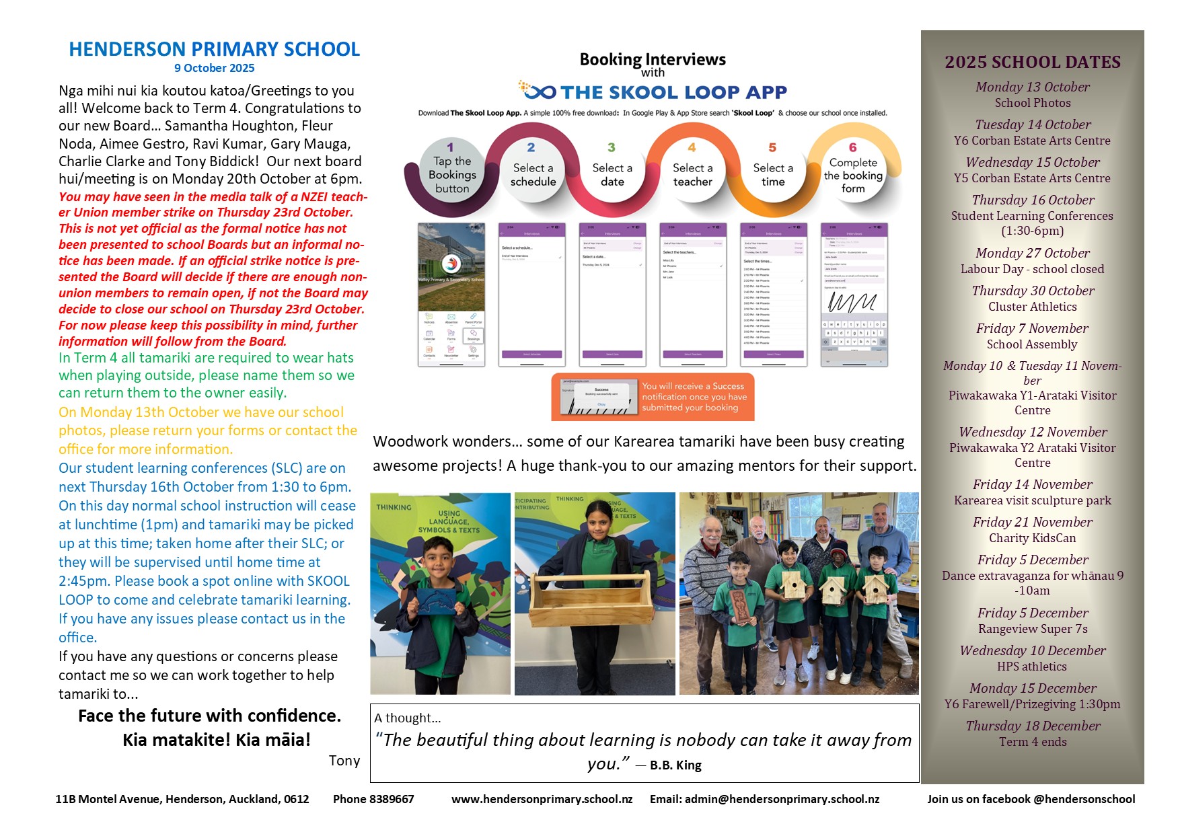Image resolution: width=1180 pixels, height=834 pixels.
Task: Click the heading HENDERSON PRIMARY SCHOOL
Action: (x=214, y=49)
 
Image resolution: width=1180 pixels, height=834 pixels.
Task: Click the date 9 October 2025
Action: (x=214, y=68)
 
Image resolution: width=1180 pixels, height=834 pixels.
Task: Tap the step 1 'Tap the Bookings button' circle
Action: (x=451, y=174)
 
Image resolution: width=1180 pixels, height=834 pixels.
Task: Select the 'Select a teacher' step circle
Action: (x=692, y=174)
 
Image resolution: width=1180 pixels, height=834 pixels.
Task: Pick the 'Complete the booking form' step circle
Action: (x=852, y=174)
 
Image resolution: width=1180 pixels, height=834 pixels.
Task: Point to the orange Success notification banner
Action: (x=653, y=397)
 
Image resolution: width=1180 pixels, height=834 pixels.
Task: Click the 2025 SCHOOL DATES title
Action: (x=1032, y=62)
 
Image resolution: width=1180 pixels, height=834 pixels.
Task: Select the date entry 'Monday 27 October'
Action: (x=1032, y=253)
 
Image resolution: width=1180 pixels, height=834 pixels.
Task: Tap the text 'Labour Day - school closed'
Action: (x=1032, y=269)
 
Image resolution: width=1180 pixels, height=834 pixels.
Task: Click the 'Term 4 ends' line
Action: (x=1032, y=742)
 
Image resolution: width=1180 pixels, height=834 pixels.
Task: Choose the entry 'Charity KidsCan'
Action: (x=1032, y=538)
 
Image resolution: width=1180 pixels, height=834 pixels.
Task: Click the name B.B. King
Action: (x=675, y=765)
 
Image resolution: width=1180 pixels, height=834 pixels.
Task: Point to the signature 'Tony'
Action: (x=344, y=761)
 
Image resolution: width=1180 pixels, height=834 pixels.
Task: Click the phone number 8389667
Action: (x=392, y=799)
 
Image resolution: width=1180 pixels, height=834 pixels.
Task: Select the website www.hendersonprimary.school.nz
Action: (x=542, y=799)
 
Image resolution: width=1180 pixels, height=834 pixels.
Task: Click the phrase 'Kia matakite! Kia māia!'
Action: (x=216, y=740)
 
